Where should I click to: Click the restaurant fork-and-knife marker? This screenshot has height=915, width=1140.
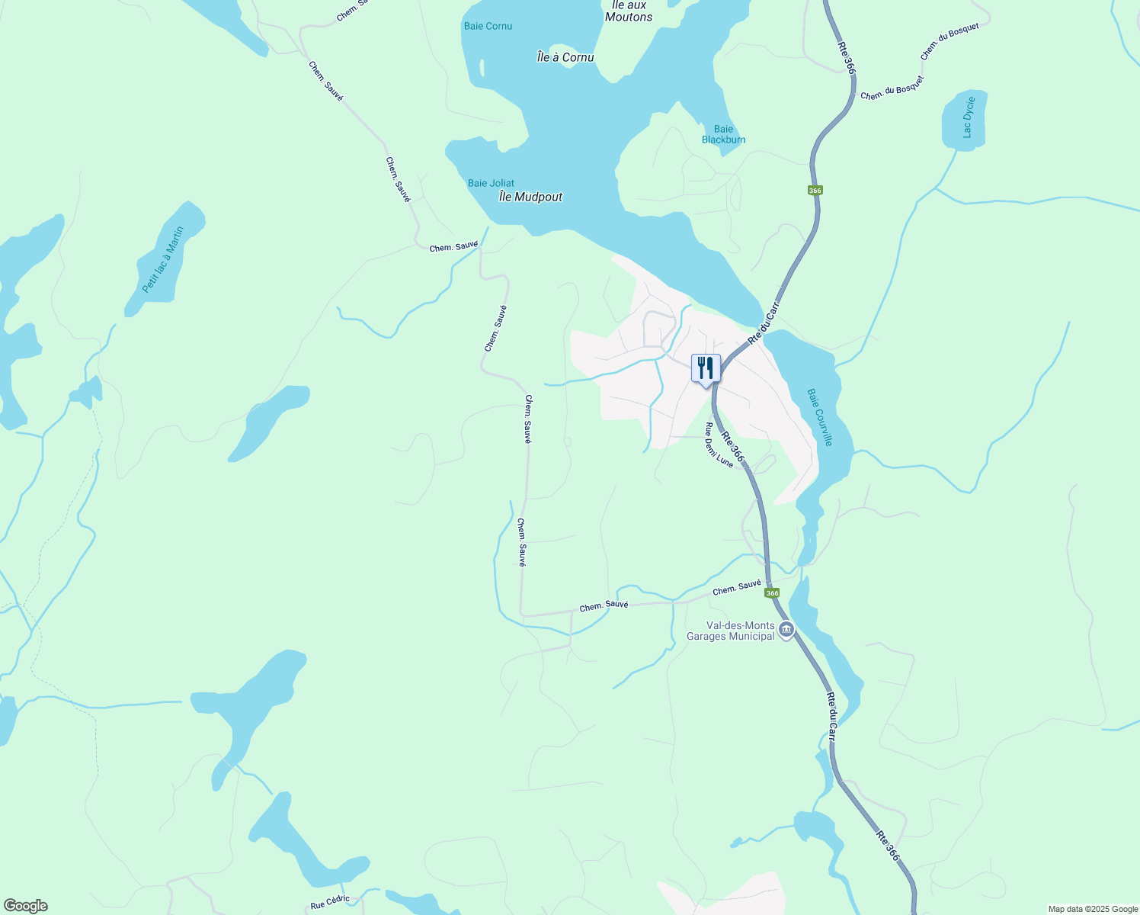(x=706, y=368)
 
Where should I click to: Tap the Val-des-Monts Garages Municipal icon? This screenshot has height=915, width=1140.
(x=786, y=631)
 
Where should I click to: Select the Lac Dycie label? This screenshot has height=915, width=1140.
(x=968, y=117)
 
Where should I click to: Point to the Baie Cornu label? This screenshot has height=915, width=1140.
(x=488, y=26)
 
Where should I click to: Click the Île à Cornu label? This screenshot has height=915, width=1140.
(x=565, y=57)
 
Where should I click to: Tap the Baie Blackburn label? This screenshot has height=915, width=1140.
(x=723, y=134)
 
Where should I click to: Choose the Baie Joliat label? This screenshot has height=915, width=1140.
(x=491, y=183)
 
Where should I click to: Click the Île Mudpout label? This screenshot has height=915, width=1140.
(x=530, y=197)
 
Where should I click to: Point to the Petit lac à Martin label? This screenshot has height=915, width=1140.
(x=163, y=259)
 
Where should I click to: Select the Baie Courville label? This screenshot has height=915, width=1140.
(x=820, y=417)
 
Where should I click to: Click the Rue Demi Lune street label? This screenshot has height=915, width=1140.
(x=719, y=445)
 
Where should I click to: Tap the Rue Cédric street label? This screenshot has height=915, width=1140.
(x=330, y=902)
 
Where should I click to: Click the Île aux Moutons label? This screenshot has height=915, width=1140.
(x=629, y=11)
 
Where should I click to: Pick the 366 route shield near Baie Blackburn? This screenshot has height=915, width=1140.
(x=815, y=190)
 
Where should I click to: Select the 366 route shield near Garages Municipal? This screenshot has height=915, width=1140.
(x=772, y=593)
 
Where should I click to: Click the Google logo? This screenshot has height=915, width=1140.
(x=25, y=906)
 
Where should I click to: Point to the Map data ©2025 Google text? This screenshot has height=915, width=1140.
(x=1092, y=909)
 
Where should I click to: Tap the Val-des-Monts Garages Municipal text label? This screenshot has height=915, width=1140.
(x=730, y=631)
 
